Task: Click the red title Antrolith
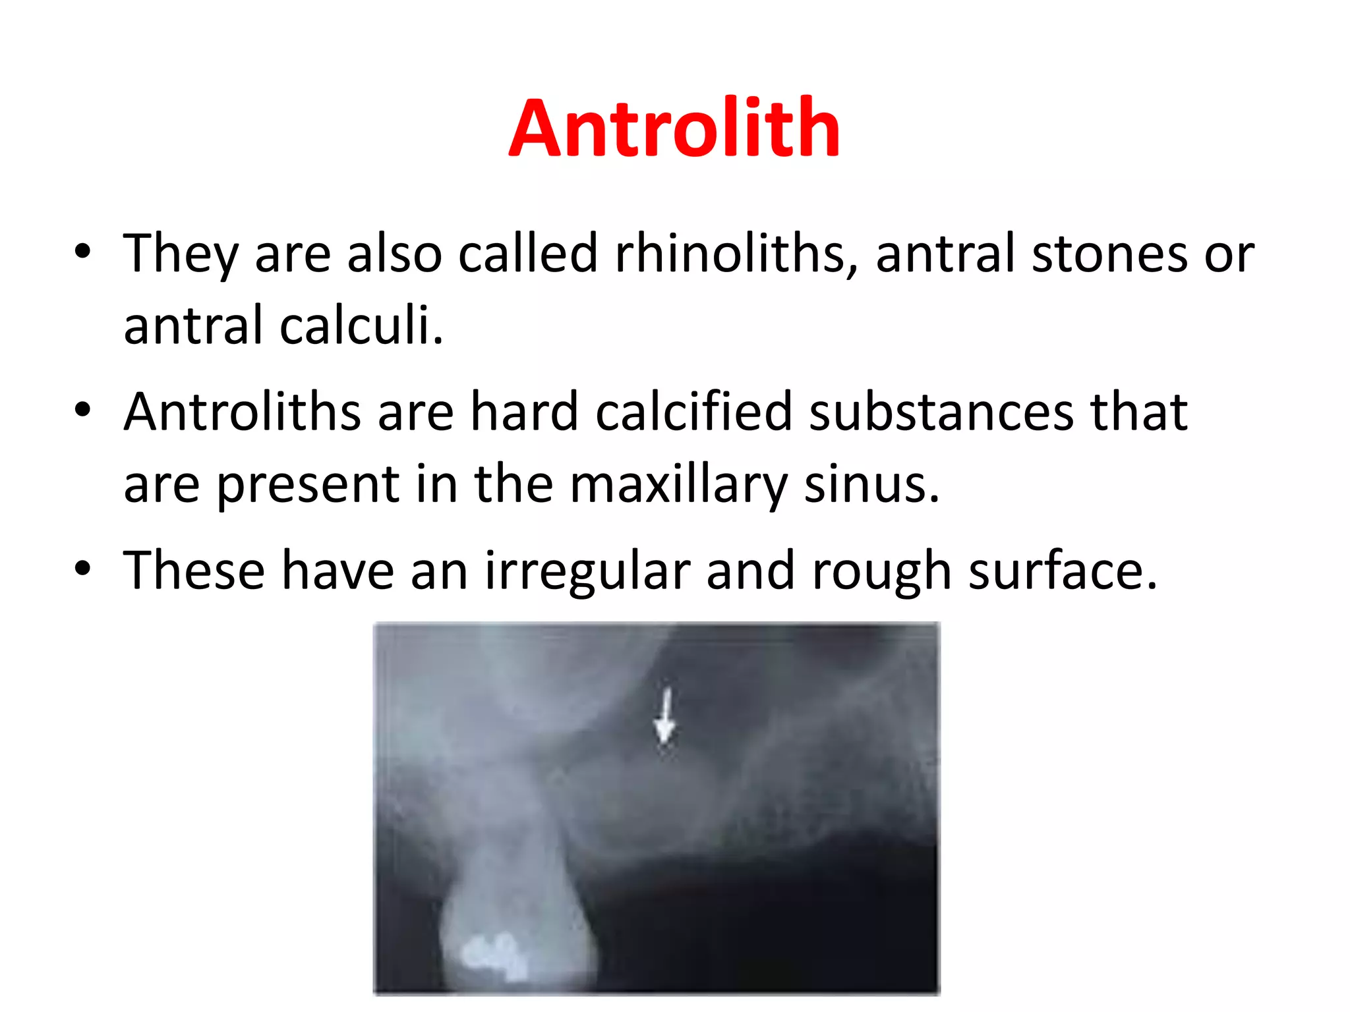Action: click(x=674, y=128)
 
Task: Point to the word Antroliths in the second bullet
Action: click(x=242, y=412)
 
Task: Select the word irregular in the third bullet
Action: click(x=587, y=570)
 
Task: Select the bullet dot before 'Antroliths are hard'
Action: click(x=82, y=410)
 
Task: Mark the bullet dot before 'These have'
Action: click(x=82, y=568)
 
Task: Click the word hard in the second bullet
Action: click(x=524, y=412)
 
